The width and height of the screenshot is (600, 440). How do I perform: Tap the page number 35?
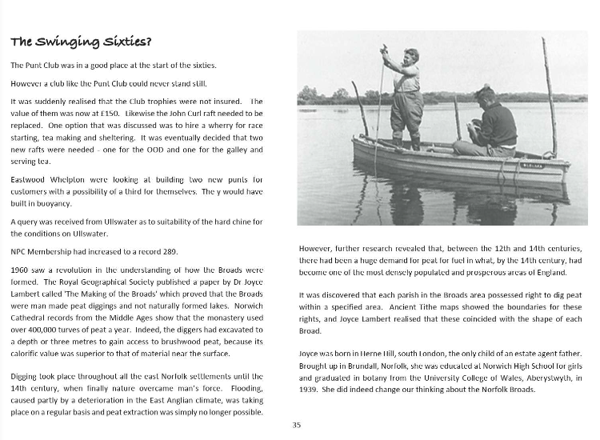point(297,425)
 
